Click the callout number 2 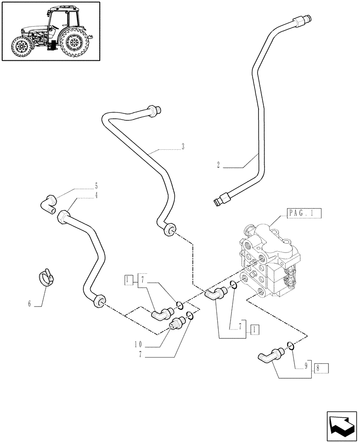coord(218,165)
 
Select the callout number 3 coord(182,147)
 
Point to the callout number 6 coord(30,303)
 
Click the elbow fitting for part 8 coord(269,355)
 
